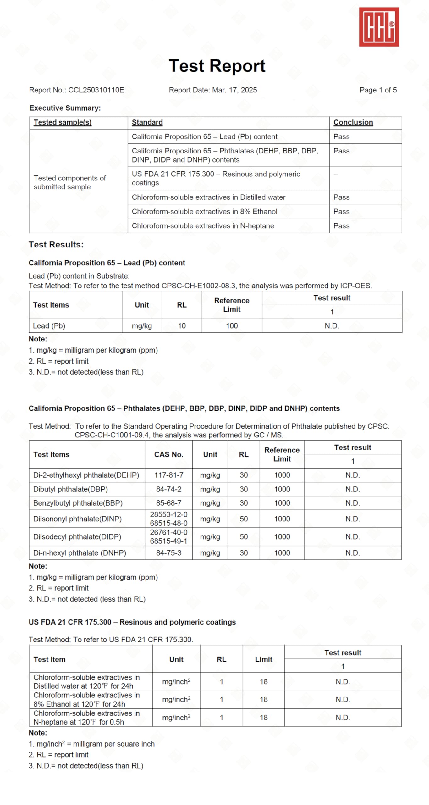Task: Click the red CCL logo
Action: coord(379,27)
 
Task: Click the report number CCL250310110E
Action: coord(96,90)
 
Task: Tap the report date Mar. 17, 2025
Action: coord(234,90)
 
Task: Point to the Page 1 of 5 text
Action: coord(378,90)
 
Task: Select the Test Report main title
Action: coord(217,66)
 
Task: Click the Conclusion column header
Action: coord(353,122)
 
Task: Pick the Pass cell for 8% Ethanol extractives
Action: coord(341,211)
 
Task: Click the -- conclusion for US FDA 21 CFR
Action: coord(336,175)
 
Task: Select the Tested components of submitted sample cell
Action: coord(70,182)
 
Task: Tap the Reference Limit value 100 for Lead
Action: coord(232,326)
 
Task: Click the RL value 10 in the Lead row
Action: coord(182,326)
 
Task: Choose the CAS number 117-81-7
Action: coord(168,475)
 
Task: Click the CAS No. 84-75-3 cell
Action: coord(168,553)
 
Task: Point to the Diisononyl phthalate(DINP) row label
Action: coord(77,519)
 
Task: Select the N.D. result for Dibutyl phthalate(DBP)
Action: coord(352,489)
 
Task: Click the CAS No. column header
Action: coord(168,454)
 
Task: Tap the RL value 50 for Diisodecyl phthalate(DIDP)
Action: coord(244,537)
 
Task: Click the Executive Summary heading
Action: coord(65,108)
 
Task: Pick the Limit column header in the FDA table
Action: coord(263,659)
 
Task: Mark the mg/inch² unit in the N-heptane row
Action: coord(176,718)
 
